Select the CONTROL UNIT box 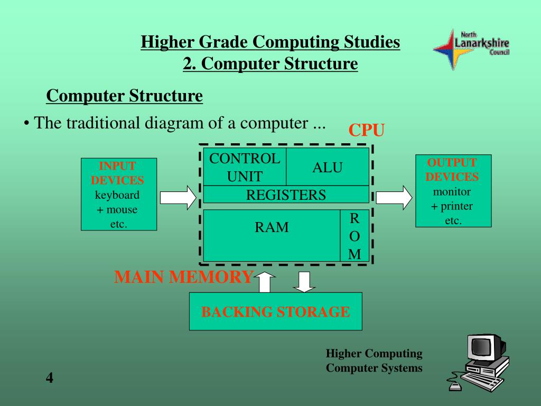(x=245, y=167)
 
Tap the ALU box (x=328, y=167)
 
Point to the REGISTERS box (x=286, y=195)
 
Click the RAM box (x=272, y=235)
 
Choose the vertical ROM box (x=355, y=236)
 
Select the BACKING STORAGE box (x=275, y=311)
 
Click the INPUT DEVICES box (x=118, y=194)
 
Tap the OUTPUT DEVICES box (x=453, y=191)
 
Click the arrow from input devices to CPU (x=178, y=197)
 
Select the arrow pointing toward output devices (x=394, y=197)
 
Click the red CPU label (x=366, y=130)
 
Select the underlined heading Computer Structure (x=124, y=96)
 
